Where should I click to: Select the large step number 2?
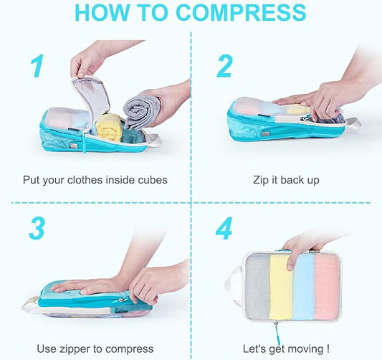(224, 65)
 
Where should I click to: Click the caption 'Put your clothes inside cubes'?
(95, 179)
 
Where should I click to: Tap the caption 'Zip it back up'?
(286, 179)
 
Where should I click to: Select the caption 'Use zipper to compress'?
(95, 349)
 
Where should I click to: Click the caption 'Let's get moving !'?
(286, 349)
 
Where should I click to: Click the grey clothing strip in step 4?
(257, 290)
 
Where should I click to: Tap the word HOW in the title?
(104, 12)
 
